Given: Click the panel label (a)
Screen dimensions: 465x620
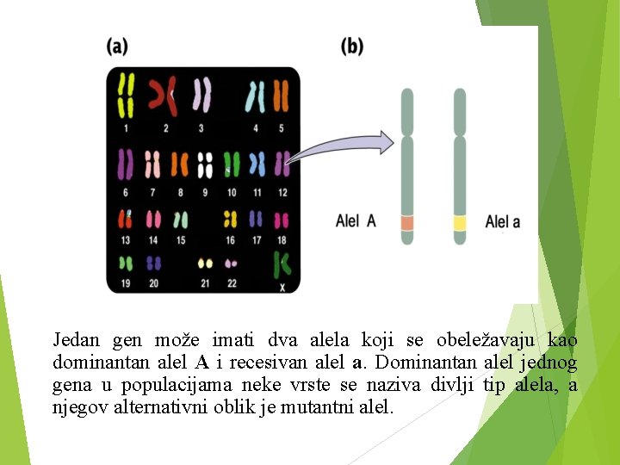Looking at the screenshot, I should coord(117,46).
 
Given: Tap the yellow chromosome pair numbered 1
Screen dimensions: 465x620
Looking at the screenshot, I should coord(126,95).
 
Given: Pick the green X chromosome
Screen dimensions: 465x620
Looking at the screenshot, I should coord(281,264).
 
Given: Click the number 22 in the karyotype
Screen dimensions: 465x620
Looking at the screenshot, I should coord(231,283).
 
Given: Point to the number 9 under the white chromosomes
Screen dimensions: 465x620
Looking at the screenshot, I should coord(205,192).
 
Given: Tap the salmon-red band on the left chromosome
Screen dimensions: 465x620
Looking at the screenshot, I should coord(407,223).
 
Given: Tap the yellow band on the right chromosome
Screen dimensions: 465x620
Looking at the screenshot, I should coord(460,223).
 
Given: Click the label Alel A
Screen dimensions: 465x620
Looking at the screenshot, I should coord(356,221).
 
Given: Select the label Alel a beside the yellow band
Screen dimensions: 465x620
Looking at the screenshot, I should coord(503,222).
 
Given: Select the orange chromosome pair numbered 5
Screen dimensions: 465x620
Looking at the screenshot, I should coord(281,96).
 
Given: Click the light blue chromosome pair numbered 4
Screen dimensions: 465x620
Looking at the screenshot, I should coord(255,96).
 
